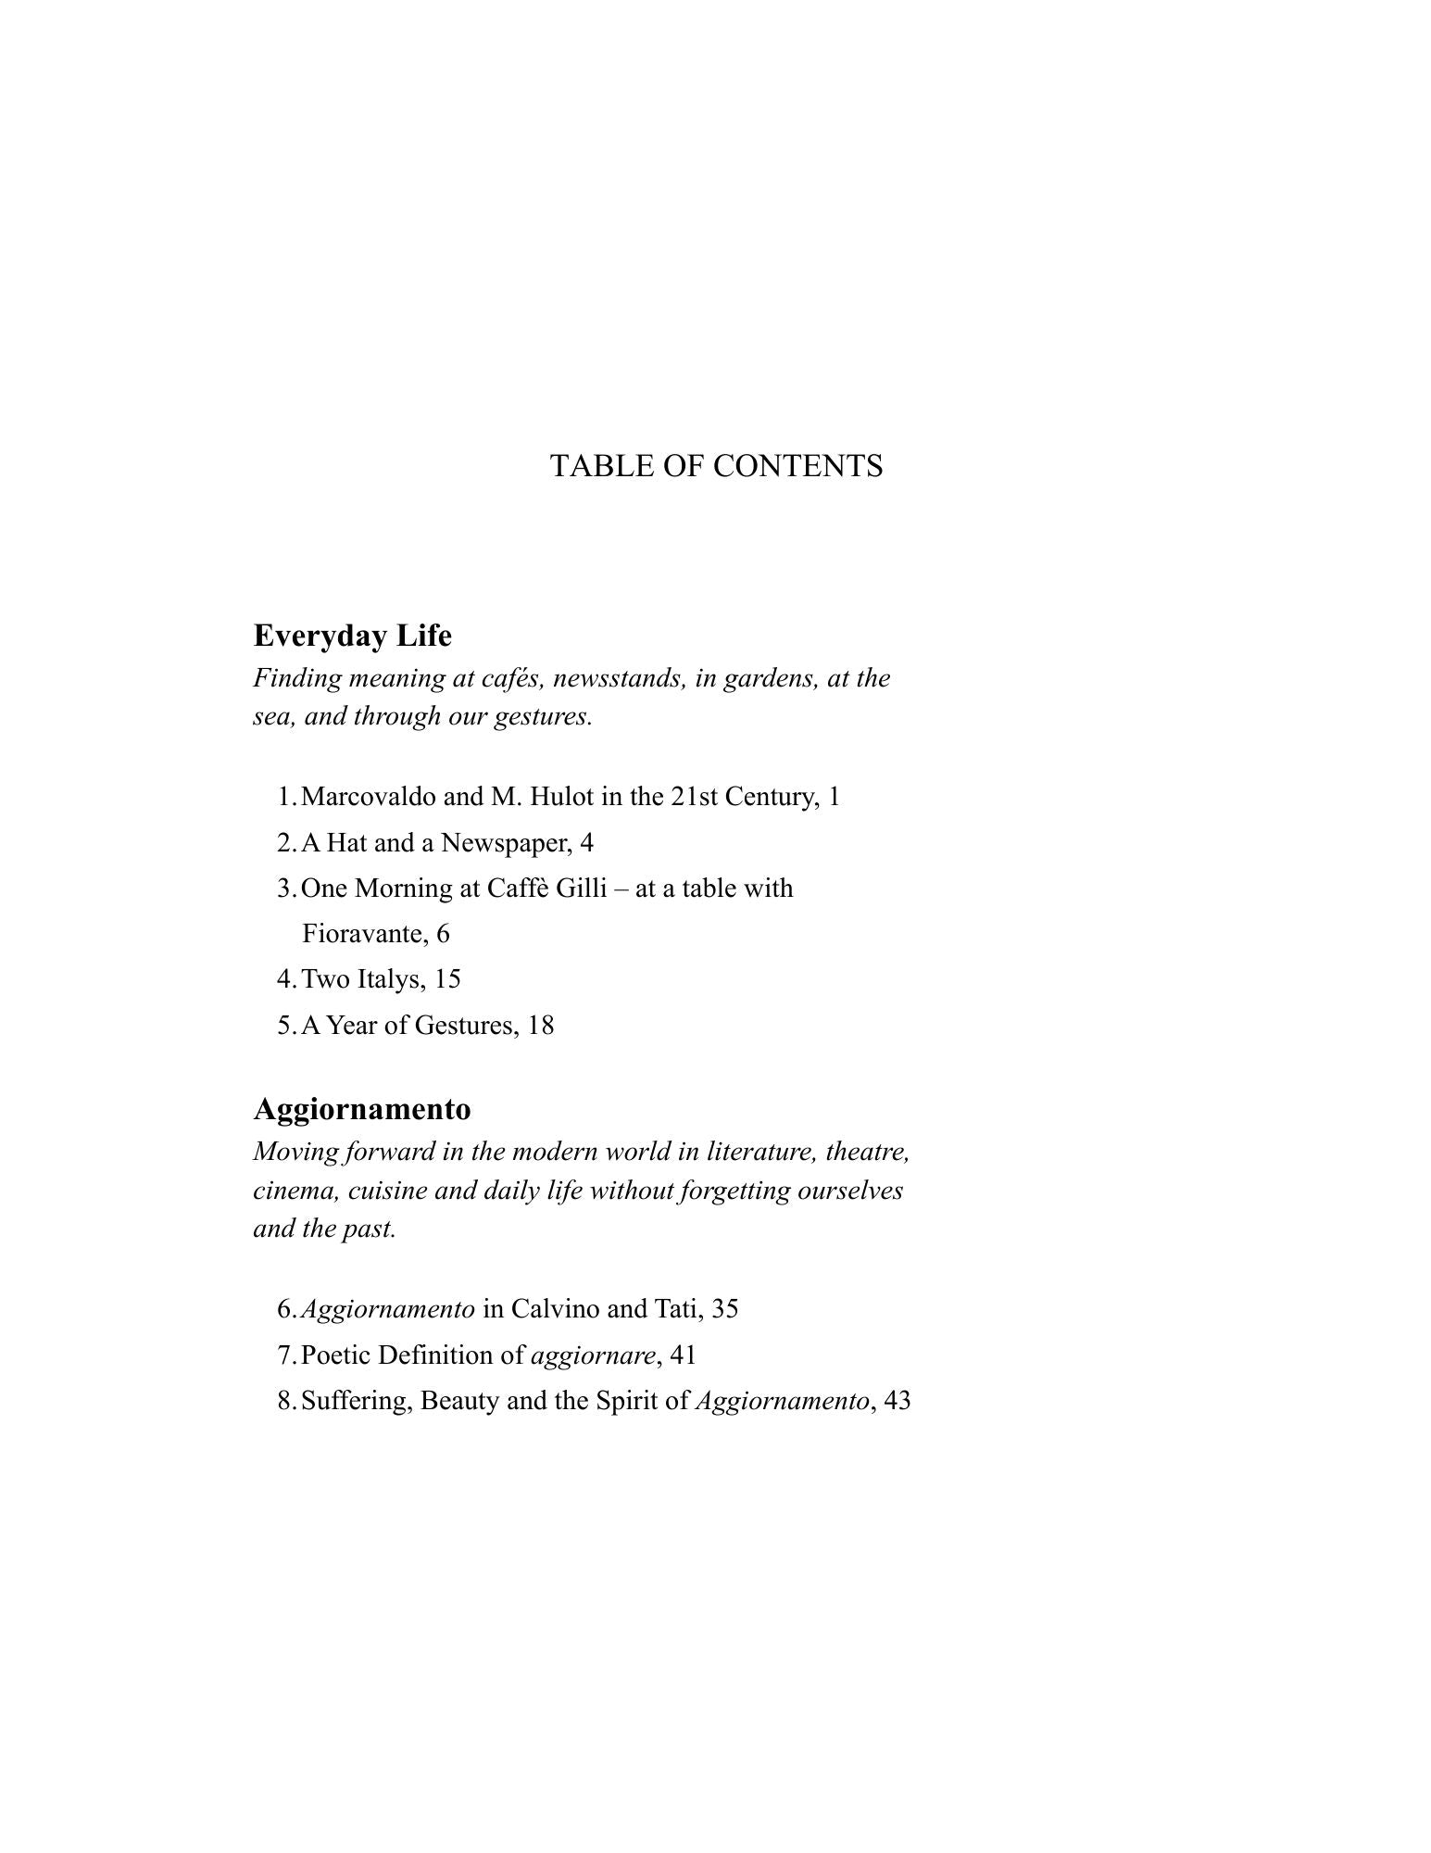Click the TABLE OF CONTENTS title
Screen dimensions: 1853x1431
pos(716,465)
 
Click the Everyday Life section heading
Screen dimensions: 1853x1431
pos(352,636)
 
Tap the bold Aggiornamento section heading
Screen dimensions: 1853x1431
pos(361,1109)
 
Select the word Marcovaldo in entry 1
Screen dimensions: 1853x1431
pos(369,797)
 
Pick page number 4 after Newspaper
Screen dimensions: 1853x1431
pos(586,843)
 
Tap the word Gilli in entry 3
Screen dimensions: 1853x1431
pos(582,889)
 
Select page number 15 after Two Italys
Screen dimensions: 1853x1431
pos(447,979)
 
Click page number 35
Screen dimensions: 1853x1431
pos(725,1309)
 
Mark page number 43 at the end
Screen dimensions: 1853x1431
pos(898,1401)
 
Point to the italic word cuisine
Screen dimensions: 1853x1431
pos(387,1191)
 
